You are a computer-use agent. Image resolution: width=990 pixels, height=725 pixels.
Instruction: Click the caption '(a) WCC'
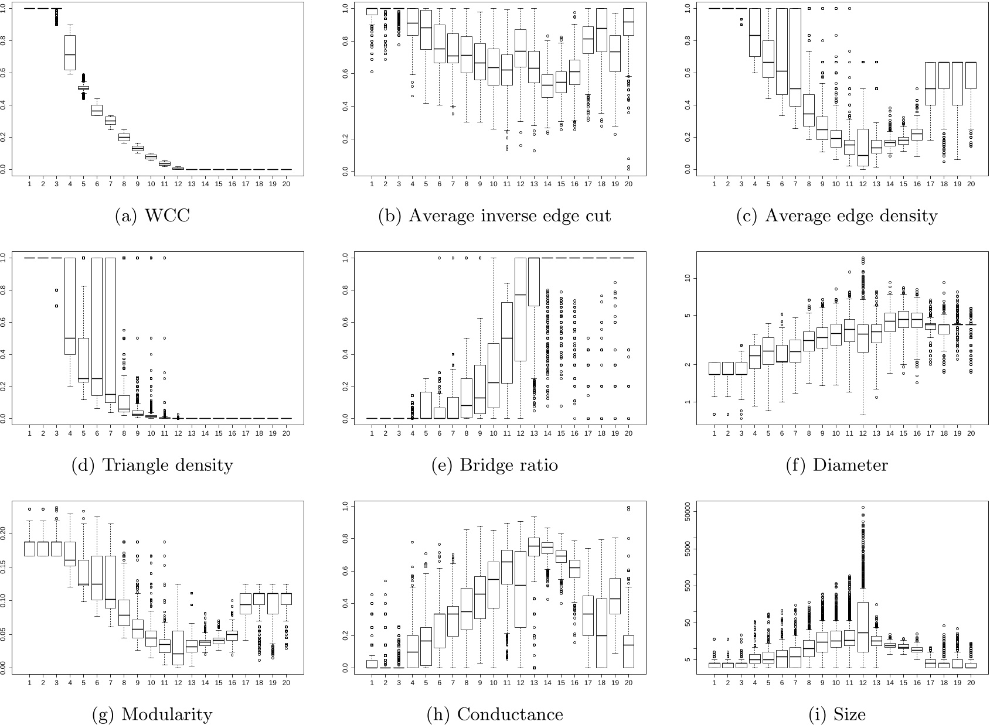(152, 216)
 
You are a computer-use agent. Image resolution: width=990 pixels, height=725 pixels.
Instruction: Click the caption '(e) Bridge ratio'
(494, 465)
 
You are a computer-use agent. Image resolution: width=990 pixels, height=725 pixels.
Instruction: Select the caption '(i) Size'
(836, 714)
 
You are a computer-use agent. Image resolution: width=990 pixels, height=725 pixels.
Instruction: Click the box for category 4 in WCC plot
(70, 53)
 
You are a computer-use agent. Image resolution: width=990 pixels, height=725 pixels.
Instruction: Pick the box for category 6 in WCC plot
(97, 110)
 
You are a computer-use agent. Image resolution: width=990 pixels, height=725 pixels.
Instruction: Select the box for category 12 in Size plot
(863, 627)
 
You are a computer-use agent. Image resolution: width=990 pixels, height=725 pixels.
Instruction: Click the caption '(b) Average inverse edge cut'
(494, 216)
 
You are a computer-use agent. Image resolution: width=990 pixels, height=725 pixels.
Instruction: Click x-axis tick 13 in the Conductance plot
(533, 682)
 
